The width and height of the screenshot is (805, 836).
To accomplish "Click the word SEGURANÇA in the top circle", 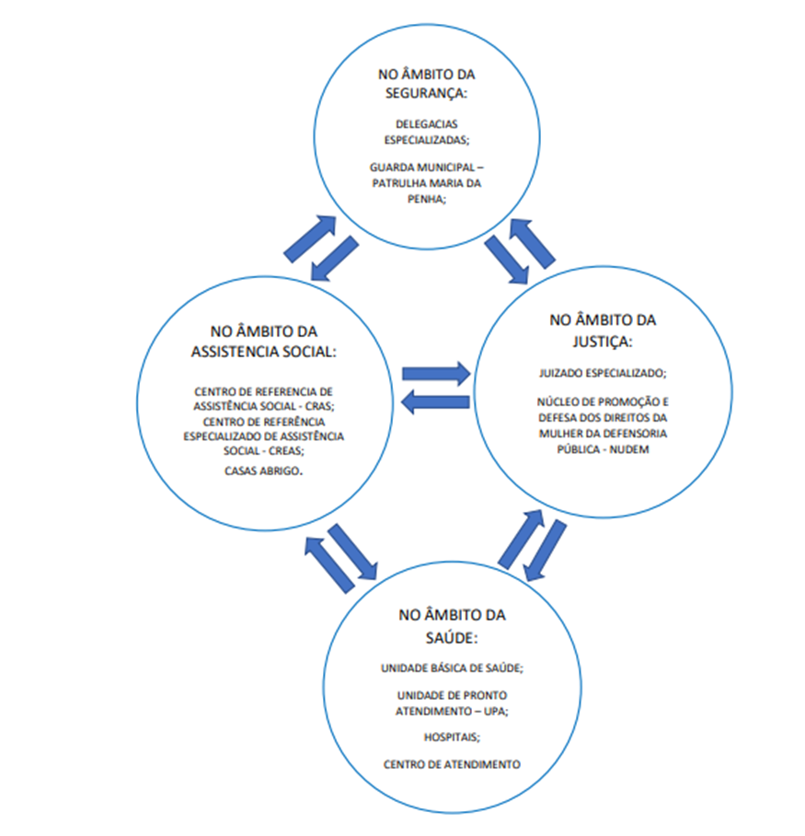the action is click(x=425, y=93).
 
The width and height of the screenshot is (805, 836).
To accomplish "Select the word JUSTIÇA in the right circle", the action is click(x=601, y=342).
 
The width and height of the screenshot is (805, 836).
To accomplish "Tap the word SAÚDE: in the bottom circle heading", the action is click(x=452, y=638).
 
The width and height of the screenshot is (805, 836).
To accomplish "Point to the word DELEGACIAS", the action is click(x=427, y=124).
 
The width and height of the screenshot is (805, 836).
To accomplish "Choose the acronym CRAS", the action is click(x=318, y=406).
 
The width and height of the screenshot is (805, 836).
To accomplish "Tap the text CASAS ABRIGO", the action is click(x=262, y=471).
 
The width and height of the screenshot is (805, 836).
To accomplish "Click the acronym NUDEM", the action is click(x=629, y=449).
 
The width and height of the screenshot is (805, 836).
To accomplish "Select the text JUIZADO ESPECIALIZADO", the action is click(x=602, y=373).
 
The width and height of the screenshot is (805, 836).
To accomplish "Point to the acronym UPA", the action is click(x=494, y=711).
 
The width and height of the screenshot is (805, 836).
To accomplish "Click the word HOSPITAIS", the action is click(x=451, y=737).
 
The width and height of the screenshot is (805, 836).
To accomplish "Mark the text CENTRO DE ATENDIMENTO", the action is click(x=452, y=764).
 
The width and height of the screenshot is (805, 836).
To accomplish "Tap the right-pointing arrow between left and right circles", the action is click(x=436, y=374).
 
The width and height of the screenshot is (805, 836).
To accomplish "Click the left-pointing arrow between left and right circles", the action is click(x=435, y=402).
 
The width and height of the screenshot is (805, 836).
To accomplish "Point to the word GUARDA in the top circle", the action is click(x=389, y=168).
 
